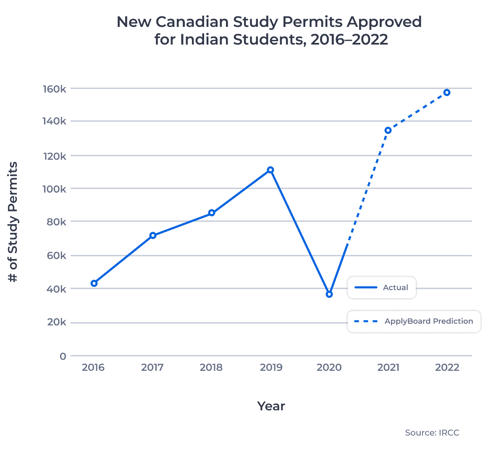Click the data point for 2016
tap(94, 283)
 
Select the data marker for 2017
tap(153, 235)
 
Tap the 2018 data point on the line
tap(212, 213)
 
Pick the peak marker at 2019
tap(270, 170)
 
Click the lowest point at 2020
tap(329, 294)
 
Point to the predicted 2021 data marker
tap(388, 130)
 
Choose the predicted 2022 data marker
tap(447, 92)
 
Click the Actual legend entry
tap(381, 288)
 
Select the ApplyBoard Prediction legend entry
tap(414, 321)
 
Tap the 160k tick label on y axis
tap(54, 89)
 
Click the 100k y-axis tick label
tap(54, 189)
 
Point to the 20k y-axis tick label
tap(56, 322)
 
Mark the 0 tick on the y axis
tap(63, 357)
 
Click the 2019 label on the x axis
tap(271, 367)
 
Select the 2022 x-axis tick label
tap(447, 367)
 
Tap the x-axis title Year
tap(271, 406)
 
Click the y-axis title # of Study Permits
tap(13, 222)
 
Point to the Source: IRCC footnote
tap(432, 433)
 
